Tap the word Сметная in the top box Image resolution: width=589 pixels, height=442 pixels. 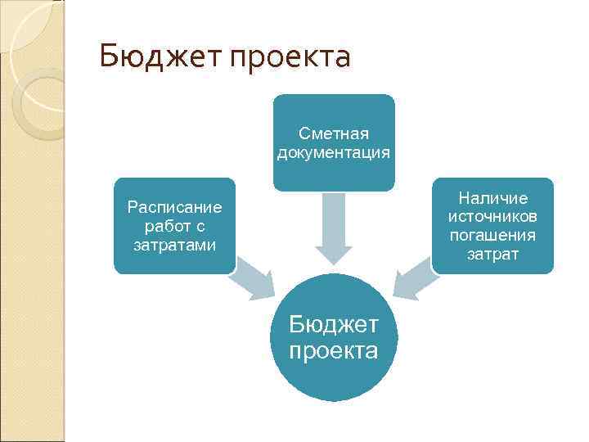(334, 133)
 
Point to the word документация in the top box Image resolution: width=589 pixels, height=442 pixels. (334, 152)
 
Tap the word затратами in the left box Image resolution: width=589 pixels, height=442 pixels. (174, 245)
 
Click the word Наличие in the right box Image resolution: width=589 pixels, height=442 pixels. (493, 198)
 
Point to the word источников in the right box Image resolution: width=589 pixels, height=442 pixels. (493, 217)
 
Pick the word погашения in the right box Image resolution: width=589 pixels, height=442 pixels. (493, 236)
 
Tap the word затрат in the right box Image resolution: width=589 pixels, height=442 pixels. (493, 255)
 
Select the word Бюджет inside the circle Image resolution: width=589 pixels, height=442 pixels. (334, 325)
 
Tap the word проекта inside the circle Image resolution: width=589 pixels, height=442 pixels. (334, 351)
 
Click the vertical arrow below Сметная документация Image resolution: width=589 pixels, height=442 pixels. (334, 225)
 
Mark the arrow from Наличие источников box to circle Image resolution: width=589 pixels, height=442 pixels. (414, 278)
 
